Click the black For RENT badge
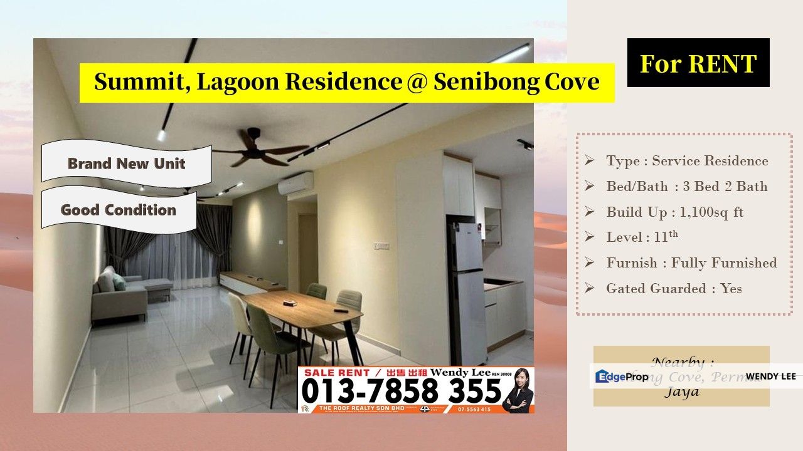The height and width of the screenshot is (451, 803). [x=698, y=63]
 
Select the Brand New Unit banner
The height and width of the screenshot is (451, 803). [x=126, y=164]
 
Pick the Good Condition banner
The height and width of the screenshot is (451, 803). [x=119, y=210]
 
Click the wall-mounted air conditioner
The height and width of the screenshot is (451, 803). [x=295, y=184]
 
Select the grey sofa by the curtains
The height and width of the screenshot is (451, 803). [x=125, y=295]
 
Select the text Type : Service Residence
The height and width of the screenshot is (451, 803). [x=686, y=161]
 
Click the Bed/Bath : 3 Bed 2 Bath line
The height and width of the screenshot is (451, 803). [x=686, y=187]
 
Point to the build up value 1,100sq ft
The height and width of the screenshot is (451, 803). [x=711, y=212]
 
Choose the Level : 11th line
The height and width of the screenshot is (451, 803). [x=641, y=237]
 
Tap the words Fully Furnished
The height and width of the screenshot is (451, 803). [x=724, y=263]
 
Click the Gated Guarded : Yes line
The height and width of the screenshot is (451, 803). [x=674, y=289]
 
